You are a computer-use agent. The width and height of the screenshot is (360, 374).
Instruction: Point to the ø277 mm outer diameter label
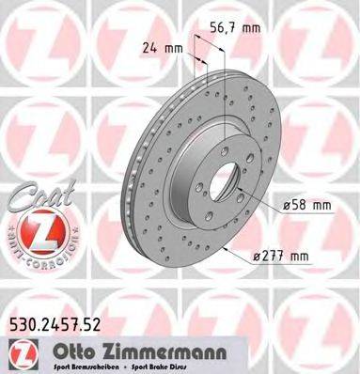pos(286,257)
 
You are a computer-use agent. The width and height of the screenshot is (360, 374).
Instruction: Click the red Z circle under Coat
pos(34,235)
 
